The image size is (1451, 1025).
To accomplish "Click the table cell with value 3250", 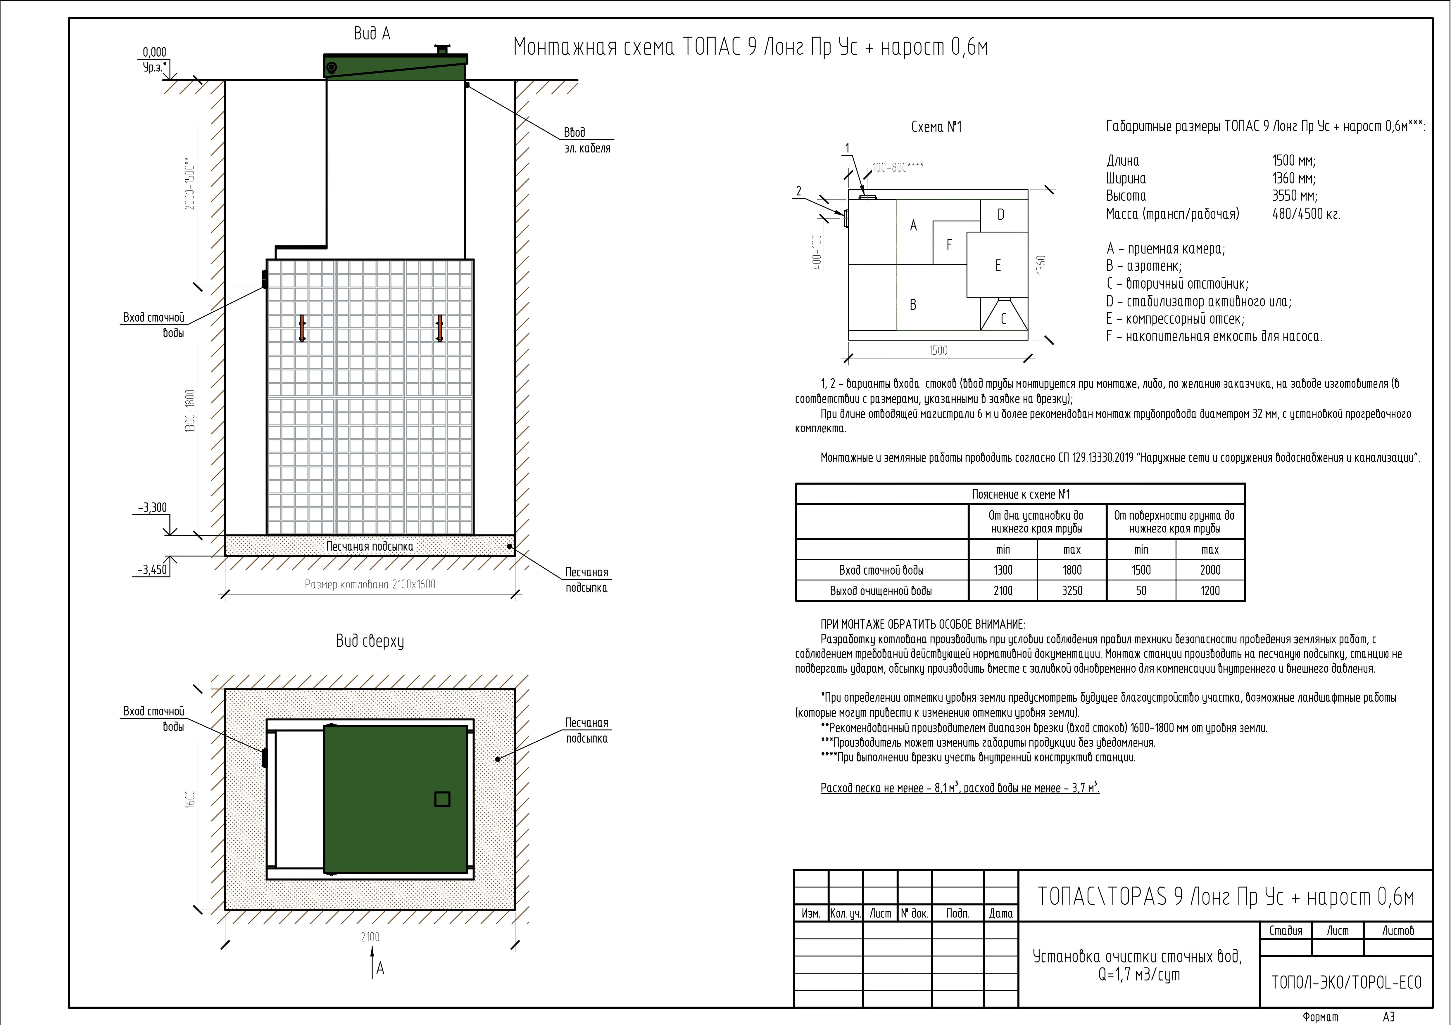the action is point(1072,591).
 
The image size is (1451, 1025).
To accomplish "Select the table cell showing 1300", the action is point(1003,570).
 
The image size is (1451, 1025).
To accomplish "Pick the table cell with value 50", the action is point(1141,591).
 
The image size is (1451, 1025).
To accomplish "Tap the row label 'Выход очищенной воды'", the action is point(881,591).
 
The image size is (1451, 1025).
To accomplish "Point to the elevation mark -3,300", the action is point(152,508).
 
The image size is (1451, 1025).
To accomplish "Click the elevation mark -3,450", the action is point(152,570).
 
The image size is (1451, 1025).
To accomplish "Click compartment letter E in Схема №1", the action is point(998,265).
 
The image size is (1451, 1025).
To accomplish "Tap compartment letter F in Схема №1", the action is point(949,245).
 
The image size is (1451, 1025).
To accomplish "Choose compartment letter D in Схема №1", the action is point(1000,215).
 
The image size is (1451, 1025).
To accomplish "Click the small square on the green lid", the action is point(442,799).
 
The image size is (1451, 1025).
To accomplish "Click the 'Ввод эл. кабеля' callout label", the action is point(587,140).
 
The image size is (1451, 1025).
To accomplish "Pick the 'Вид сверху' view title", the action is point(370,641).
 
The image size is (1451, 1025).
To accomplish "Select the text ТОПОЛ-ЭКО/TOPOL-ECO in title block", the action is point(1346,982).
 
